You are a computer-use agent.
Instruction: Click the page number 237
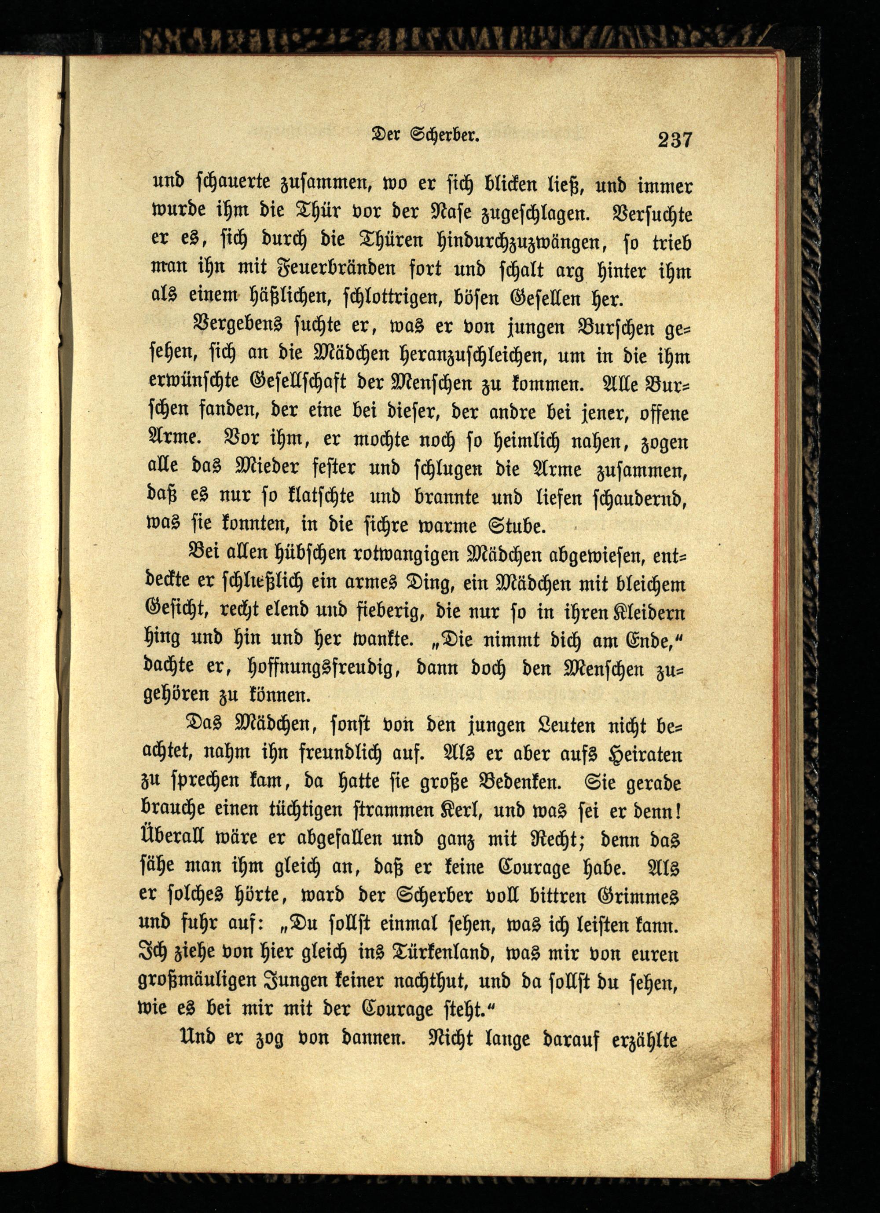[x=675, y=140]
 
